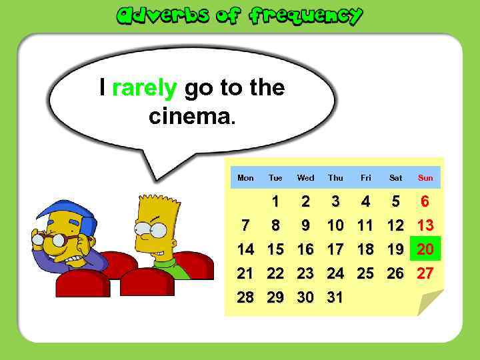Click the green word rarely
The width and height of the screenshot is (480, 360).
tap(144, 87)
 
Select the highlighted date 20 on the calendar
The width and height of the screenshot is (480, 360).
tap(425, 249)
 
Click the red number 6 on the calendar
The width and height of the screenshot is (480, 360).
tap(425, 201)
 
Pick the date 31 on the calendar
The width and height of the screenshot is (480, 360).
tap(335, 297)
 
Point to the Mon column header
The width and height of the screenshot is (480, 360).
tap(245, 178)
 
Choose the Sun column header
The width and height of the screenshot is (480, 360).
tap(425, 178)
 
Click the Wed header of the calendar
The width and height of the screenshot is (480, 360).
tap(305, 178)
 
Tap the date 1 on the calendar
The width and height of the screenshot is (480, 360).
tap(275, 201)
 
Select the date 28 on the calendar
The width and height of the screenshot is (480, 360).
tap(245, 297)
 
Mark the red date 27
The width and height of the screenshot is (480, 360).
tap(425, 273)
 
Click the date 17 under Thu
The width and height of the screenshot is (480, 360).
tap(335, 249)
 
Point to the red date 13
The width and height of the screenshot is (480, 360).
tap(425, 225)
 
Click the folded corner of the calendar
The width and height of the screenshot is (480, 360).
tap(430, 303)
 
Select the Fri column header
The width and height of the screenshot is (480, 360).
tap(365, 178)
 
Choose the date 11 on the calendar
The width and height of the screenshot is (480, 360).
tap(365, 225)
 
